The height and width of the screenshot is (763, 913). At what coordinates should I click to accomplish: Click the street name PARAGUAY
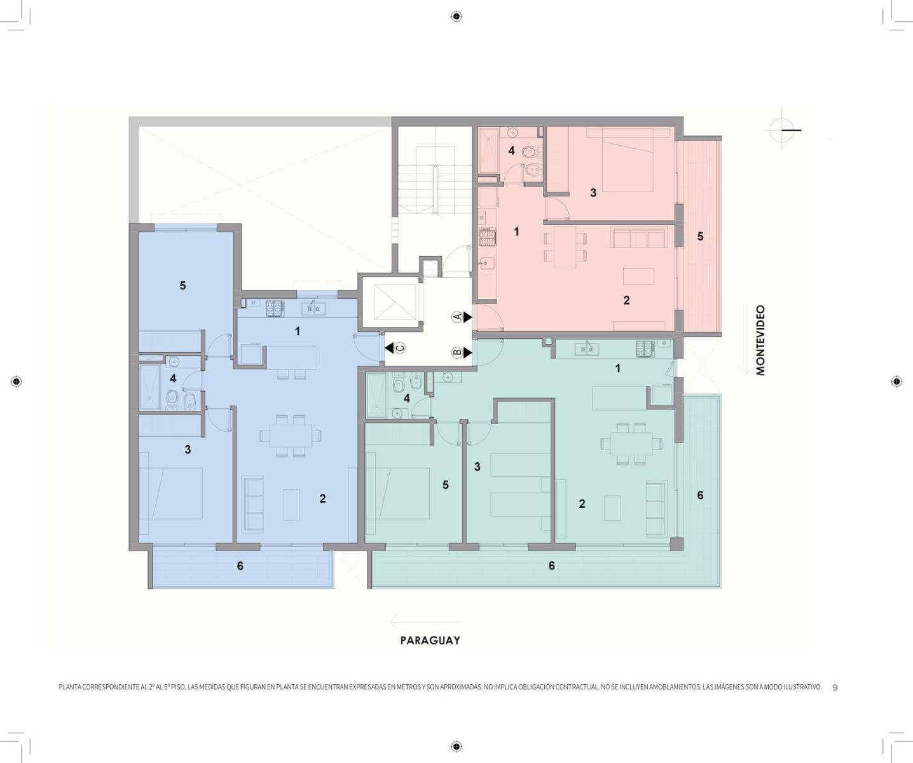coord(430,640)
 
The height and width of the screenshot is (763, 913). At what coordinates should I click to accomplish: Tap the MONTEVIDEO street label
coord(761,340)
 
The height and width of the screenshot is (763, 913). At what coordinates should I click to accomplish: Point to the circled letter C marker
coord(400,348)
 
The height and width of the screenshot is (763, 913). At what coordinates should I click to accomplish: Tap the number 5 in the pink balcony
coord(701,236)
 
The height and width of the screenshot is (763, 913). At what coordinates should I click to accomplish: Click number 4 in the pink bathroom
coord(511,151)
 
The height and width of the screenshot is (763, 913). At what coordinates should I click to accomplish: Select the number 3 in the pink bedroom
coord(593,193)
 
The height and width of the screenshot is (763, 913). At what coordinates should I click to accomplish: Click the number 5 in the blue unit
coord(182,285)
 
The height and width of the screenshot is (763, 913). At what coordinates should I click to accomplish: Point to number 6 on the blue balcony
coord(240,566)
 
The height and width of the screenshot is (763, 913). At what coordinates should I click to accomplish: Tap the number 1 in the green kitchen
coord(618,369)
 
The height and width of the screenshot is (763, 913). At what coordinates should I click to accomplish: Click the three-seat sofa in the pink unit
coord(638,238)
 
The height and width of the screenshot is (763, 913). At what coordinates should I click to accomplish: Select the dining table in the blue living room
coord(291,436)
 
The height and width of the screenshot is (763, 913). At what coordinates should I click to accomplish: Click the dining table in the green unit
coord(631,443)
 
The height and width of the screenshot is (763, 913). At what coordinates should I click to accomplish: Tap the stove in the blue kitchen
coord(274,309)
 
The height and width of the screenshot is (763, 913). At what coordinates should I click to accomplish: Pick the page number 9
coord(835,688)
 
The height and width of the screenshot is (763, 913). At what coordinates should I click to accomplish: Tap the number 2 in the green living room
coord(582,504)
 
